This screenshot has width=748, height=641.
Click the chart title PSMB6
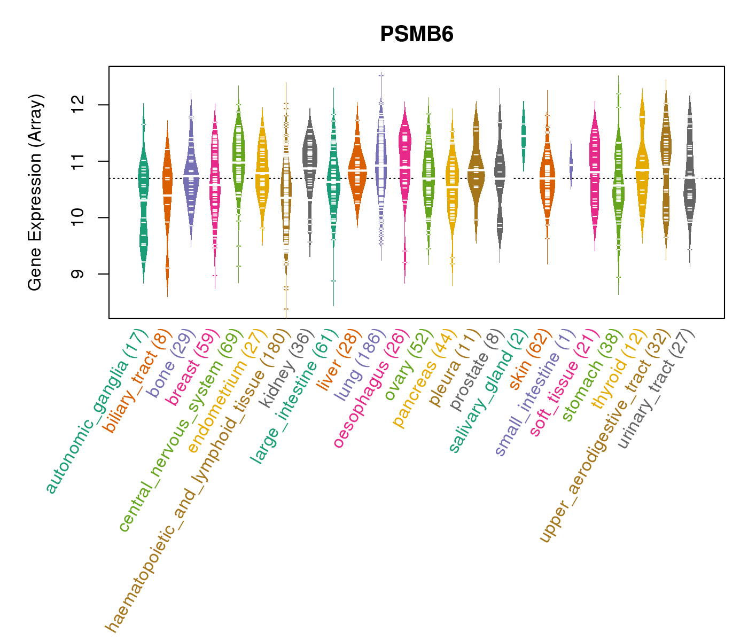pyautogui.click(x=417, y=35)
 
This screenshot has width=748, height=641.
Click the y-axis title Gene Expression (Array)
pyautogui.click(x=35, y=192)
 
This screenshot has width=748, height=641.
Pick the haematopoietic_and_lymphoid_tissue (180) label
pyautogui.click(x=198, y=481)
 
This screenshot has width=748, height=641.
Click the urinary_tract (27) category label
pyautogui.click(x=657, y=390)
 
